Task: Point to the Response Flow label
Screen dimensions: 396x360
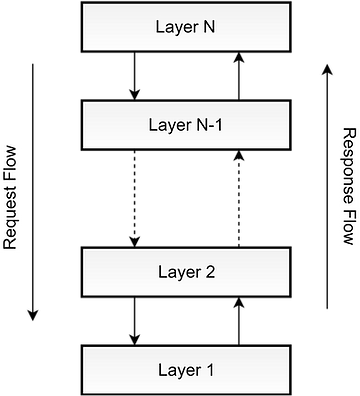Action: tap(349, 187)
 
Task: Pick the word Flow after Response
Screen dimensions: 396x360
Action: tap(349, 229)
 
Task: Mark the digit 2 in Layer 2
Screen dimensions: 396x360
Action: tap(207, 271)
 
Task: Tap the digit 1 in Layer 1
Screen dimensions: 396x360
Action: tap(207, 370)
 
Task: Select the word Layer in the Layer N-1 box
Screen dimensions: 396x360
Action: tap(168, 126)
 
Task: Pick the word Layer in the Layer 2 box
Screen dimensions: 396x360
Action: tap(178, 272)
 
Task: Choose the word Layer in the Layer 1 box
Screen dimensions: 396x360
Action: tap(178, 371)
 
